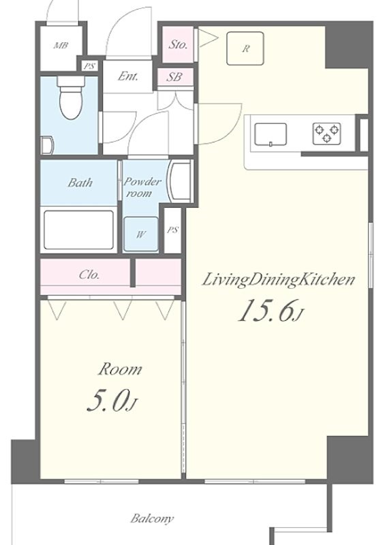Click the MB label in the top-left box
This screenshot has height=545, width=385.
[61, 46]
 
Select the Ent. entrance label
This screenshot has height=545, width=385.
[127, 76]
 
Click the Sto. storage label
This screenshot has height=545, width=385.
[178, 45]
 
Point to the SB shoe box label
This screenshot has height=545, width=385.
[174, 77]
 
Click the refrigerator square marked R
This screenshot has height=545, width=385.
[245, 48]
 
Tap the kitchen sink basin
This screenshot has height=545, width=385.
[271, 134]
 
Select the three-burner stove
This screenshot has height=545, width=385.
[327, 133]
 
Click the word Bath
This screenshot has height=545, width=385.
[80, 183]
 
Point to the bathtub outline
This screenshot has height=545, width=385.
[78, 230]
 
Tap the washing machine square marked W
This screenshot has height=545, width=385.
[140, 235]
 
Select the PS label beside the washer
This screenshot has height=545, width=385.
[173, 230]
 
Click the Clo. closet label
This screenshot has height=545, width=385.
[90, 275]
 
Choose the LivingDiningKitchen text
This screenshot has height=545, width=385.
[277, 280]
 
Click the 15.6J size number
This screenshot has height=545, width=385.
[269, 311]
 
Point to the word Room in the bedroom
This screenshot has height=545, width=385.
[120, 370]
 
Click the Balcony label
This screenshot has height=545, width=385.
[153, 518]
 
